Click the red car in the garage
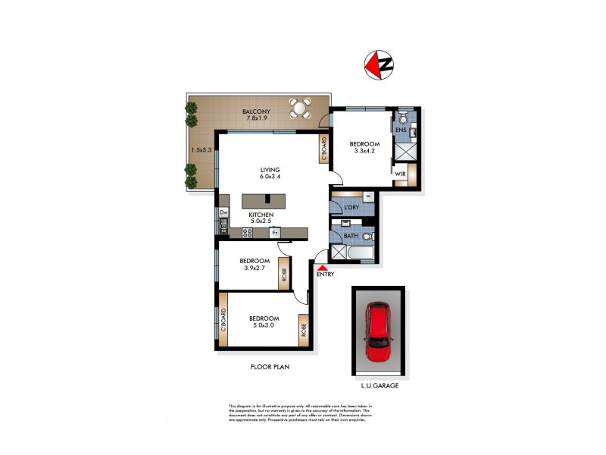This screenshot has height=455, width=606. (377, 331)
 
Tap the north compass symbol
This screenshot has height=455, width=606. (380, 64)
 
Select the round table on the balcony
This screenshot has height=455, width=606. (300, 109)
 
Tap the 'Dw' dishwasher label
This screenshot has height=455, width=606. (223, 213)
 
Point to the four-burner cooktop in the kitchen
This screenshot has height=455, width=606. (247, 234)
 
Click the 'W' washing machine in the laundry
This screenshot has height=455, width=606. (367, 196)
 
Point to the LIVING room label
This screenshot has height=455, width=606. (270, 170)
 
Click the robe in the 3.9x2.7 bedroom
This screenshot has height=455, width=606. (284, 275)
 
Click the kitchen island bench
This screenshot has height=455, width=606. (265, 201)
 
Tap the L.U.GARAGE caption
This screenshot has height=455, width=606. (378, 385)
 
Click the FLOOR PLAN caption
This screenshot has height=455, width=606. (270, 366)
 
